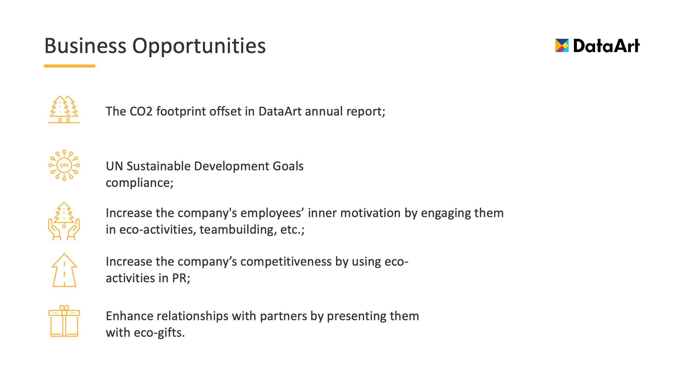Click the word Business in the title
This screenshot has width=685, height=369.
(x=86, y=46)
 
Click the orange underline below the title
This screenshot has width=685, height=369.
(x=70, y=66)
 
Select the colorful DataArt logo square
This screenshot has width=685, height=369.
(x=562, y=46)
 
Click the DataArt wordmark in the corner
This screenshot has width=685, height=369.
(x=606, y=46)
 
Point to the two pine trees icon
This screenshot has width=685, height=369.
(x=64, y=109)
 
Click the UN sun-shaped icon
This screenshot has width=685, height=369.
(x=64, y=165)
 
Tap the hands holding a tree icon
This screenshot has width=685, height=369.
(x=64, y=221)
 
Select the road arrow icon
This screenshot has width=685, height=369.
(x=64, y=270)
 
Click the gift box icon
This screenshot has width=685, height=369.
(x=64, y=321)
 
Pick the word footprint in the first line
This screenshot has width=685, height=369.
(x=181, y=112)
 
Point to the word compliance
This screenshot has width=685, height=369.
(x=139, y=183)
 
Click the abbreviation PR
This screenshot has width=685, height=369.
(x=181, y=278)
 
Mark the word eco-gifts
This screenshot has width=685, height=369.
(x=159, y=333)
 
